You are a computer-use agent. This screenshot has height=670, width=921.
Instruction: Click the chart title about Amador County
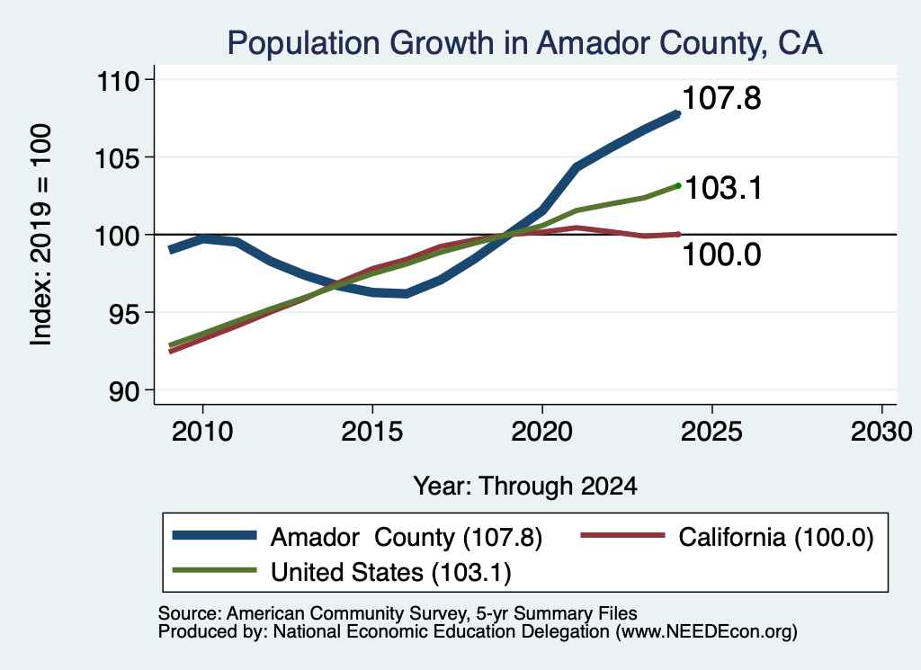click(524, 43)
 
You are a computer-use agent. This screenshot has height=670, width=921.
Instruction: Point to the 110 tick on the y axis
click(118, 80)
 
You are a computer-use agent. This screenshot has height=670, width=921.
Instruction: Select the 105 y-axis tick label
click(118, 157)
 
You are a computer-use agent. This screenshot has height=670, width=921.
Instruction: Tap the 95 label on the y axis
click(124, 312)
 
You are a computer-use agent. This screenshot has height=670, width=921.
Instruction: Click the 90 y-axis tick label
click(124, 390)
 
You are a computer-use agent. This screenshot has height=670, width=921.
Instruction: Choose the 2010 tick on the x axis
click(202, 432)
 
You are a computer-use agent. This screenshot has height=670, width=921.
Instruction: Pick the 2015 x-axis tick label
click(372, 432)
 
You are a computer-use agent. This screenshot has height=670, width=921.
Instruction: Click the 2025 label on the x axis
click(711, 432)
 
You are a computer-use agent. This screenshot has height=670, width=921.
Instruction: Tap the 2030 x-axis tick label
click(881, 432)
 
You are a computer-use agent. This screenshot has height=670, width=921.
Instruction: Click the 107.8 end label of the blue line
click(722, 98)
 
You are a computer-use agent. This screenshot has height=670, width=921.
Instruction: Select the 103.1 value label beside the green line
click(723, 189)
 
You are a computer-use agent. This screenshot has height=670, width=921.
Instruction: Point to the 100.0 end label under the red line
click(722, 255)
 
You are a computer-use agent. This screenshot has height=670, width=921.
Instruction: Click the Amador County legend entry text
click(407, 537)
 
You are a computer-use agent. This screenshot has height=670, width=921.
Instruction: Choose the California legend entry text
click(776, 537)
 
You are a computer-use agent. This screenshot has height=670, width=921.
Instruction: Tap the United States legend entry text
click(391, 573)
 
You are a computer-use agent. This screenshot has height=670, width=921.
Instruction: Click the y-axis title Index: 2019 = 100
click(41, 235)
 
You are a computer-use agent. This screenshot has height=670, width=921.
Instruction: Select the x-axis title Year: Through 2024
click(525, 487)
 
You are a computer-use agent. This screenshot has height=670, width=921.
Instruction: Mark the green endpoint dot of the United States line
click(678, 185)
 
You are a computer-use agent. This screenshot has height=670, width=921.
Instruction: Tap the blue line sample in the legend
click(214, 535)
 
